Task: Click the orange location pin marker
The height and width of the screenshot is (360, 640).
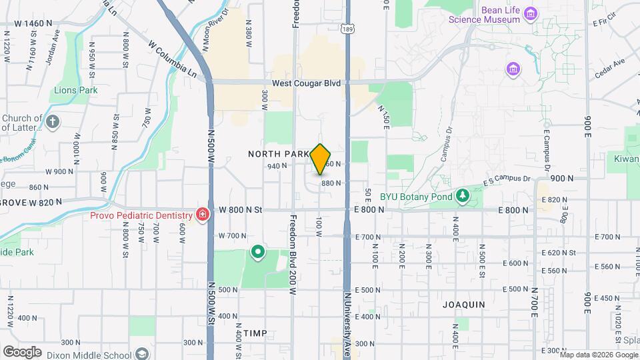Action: coord(321,159)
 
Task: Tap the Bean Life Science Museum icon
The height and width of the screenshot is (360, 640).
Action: coord(531,14)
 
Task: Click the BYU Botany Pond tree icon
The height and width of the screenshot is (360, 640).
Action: coord(462,196)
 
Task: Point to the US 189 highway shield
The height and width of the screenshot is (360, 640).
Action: coord(346,29)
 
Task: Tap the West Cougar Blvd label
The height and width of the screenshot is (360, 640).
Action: coord(306,83)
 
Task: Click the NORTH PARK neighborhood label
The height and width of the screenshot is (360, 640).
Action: coord(278,154)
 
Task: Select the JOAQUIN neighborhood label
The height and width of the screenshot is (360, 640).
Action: coord(464,304)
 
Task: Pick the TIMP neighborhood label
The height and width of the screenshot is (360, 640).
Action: coord(255,333)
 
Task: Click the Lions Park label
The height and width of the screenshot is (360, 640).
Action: coord(75,90)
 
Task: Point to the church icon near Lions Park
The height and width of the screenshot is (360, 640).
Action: coord(53,122)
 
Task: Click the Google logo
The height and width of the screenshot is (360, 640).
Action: coord(22,351)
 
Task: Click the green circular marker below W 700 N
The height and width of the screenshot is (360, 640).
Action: coord(258,252)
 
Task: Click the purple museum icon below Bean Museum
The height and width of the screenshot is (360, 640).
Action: coord(513,69)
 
